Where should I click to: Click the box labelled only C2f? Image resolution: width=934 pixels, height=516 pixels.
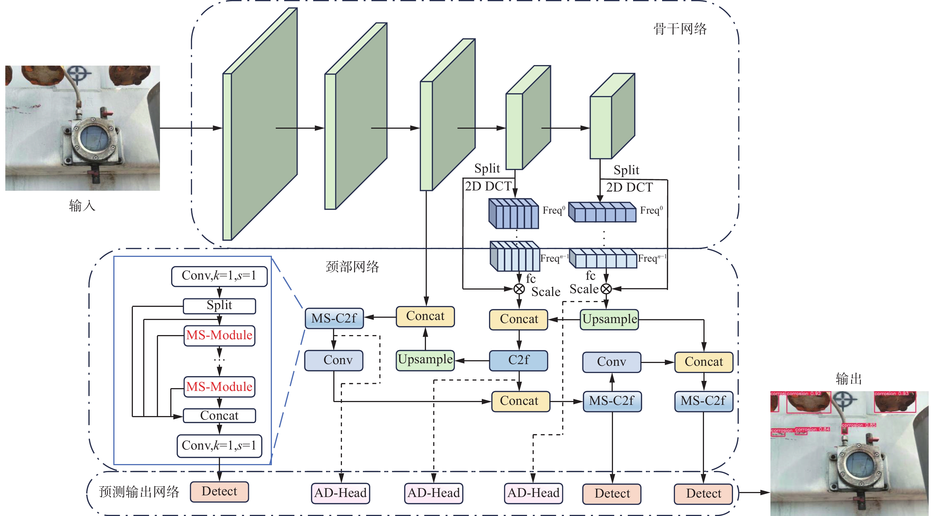(518, 360)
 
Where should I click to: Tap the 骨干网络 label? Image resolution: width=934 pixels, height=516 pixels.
(680, 29)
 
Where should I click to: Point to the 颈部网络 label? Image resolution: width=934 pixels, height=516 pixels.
(352, 267)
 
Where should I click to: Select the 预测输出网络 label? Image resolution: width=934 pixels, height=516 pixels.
(139, 492)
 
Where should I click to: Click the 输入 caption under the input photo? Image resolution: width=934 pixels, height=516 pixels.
(82, 206)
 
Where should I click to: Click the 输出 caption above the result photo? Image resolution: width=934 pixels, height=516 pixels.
(848, 379)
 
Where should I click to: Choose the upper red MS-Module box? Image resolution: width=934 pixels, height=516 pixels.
(219, 335)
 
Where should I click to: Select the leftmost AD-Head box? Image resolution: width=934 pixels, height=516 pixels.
(341, 493)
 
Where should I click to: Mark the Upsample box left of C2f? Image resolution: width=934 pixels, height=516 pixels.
(425, 360)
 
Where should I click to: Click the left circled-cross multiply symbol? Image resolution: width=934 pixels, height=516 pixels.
(519, 289)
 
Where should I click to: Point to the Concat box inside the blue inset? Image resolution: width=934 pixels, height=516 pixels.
(219, 415)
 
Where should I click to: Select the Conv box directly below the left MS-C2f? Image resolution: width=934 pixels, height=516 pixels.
(334, 360)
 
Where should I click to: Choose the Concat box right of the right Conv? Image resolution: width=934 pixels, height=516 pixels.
(703, 362)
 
